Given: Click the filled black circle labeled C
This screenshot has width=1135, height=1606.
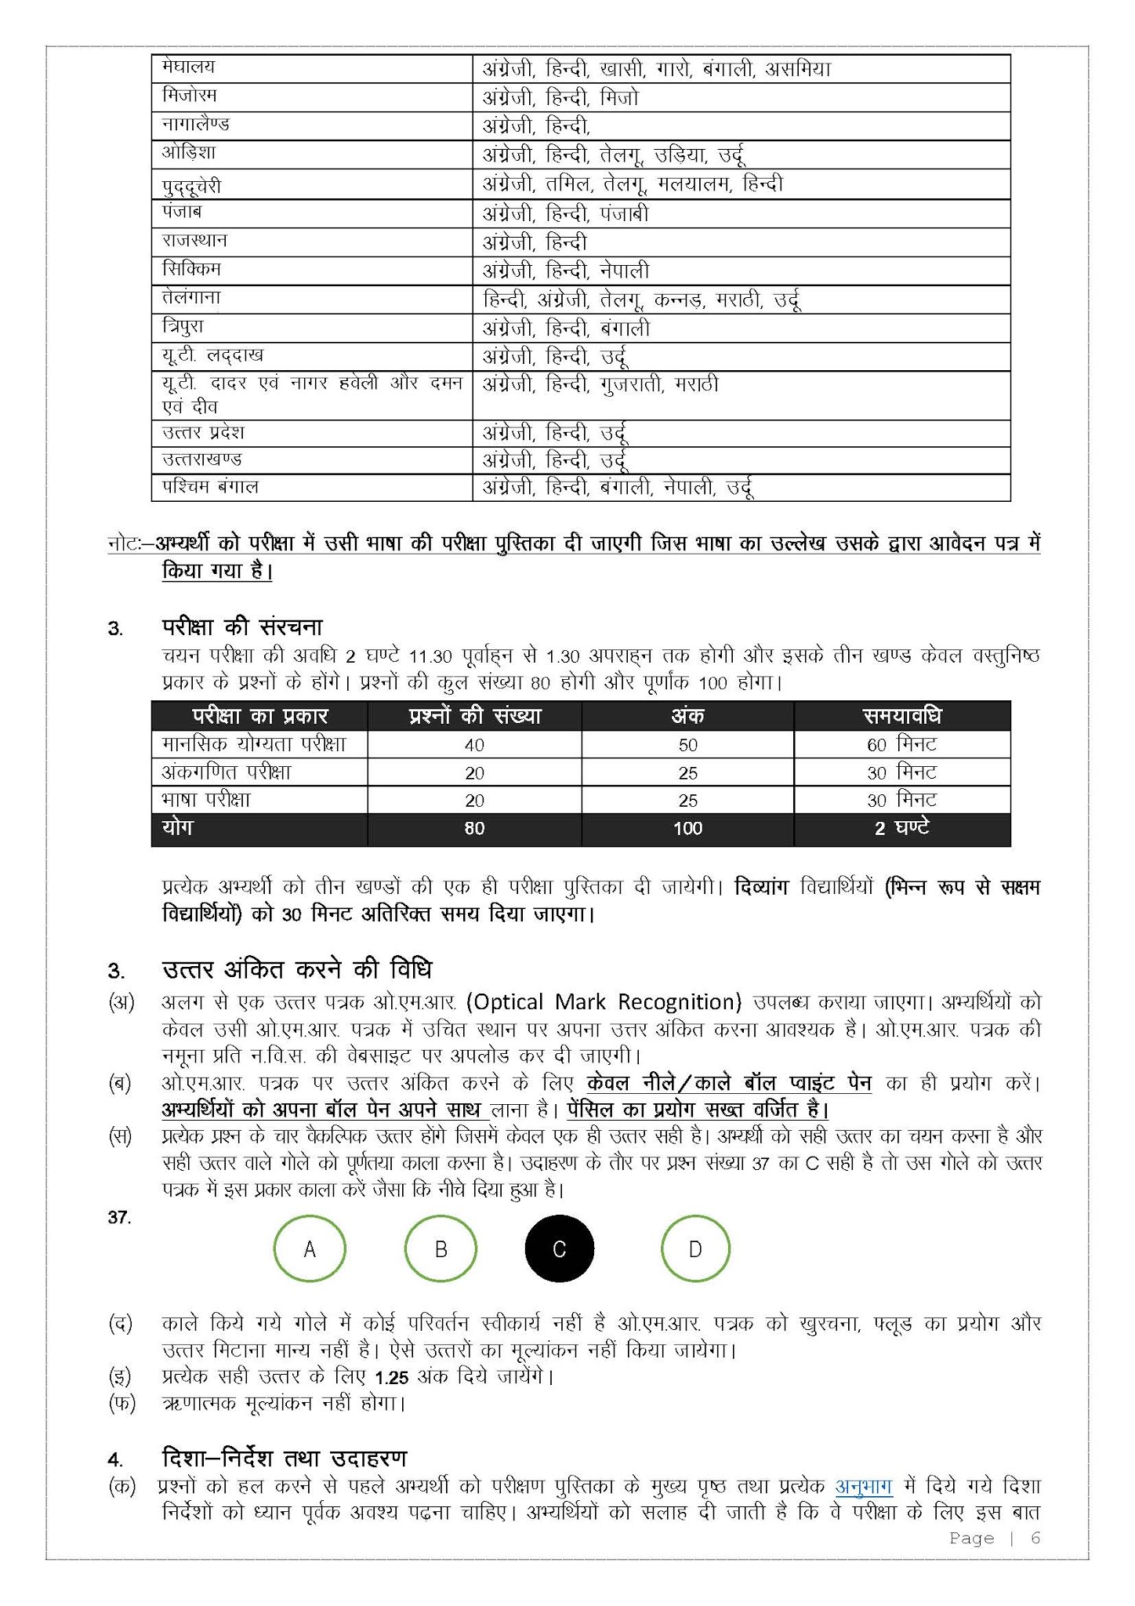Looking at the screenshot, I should click(x=559, y=1249).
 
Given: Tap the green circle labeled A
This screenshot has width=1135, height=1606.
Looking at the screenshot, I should click(x=310, y=1249).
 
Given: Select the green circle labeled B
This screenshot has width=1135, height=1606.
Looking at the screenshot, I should click(x=441, y=1249).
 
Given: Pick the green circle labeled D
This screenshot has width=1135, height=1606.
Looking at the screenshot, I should click(x=695, y=1249).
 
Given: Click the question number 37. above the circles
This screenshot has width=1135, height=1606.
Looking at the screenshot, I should click(x=119, y=1217).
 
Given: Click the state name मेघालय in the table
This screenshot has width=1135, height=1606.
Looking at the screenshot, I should click(x=188, y=67).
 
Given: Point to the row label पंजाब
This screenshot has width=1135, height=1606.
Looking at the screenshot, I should click(x=181, y=213).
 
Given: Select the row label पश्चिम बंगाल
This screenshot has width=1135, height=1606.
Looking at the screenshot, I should click(x=210, y=487).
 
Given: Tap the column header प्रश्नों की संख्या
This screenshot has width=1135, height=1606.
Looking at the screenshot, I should click(x=474, y=716).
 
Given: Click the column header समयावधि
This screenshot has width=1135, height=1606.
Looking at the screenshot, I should click(x=901, y=716).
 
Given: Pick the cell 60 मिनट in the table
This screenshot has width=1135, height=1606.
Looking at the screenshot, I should click(x=901, y=744).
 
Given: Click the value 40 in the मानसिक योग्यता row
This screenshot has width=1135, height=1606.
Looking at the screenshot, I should click(x=474, y=745).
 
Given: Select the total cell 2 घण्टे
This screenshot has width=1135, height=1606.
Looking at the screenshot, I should click(x=901, y=828).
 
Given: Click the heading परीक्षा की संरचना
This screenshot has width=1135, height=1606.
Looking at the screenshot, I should click(x=242, y=627).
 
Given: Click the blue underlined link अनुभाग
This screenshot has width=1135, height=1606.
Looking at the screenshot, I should click(x=864, y=1487).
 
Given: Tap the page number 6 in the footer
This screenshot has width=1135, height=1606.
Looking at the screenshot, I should click(x=1035, y=1538).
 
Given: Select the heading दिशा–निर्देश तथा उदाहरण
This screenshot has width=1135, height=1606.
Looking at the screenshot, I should click(x=284, y=1459).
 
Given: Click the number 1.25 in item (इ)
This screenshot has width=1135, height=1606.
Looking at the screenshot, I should click(x=392, y=1378).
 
